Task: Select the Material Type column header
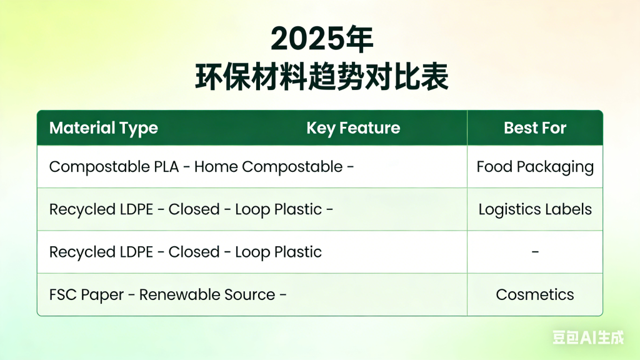click(x=103, y=128)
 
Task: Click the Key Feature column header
click(x=353, y=128)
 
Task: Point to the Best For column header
click(x=535, y=128)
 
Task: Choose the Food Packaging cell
click(x=535, y=167)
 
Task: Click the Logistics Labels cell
click(x=535, y=209)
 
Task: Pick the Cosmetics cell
click(x=535, y=294)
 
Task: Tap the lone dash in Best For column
click(x=535, y=252)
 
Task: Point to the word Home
click(x=218, y=167)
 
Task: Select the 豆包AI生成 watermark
click(x=588, y=337)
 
